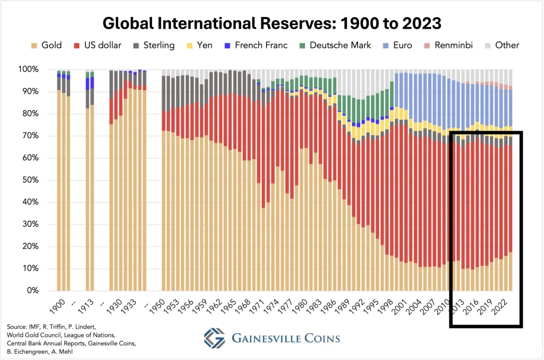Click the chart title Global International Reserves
[x=271, y=23]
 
